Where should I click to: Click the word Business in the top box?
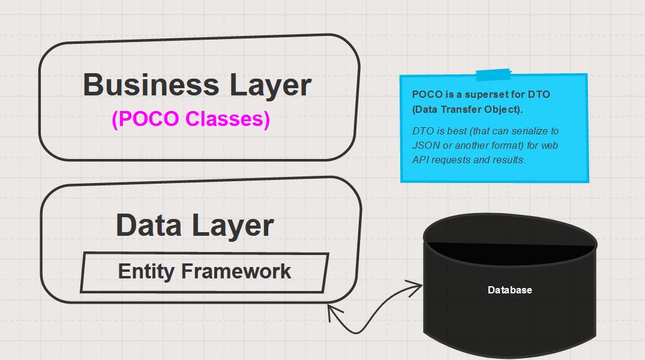150,85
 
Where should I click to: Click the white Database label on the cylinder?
509,290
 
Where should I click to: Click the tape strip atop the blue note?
493,74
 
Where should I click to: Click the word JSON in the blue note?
425,145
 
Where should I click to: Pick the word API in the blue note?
421,160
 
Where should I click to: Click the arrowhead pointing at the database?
418,287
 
